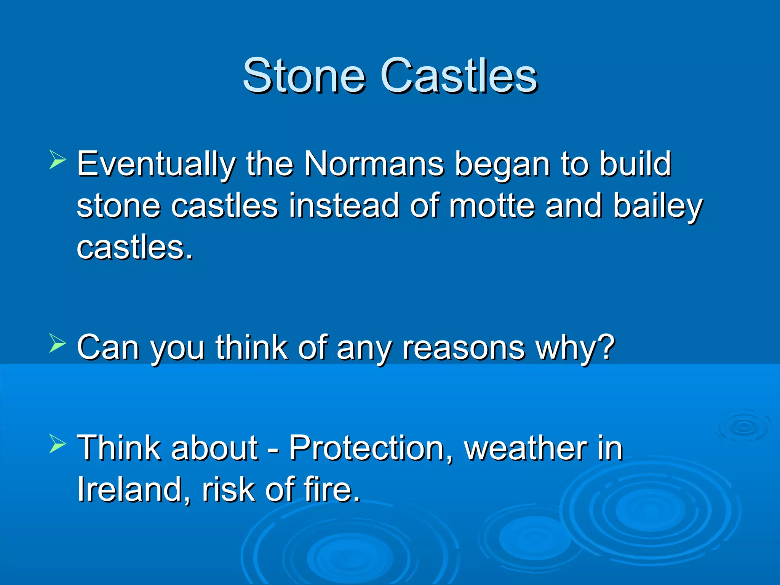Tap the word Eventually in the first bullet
pos(156,165)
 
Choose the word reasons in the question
pos(464,348)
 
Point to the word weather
pos(526,448)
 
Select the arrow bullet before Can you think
pos(58,343)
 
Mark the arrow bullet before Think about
pos(58,444)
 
